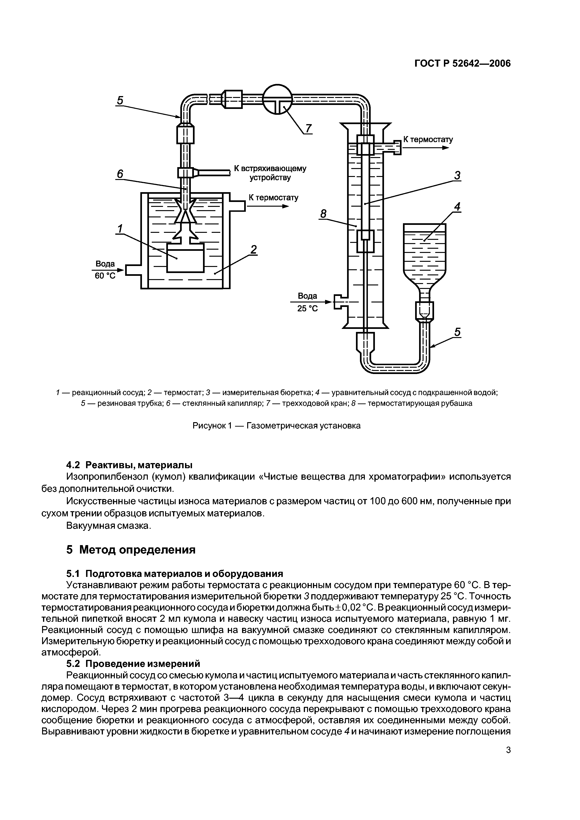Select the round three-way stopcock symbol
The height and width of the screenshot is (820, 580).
click(278, 99)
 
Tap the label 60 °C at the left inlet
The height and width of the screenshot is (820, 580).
click(105, 276)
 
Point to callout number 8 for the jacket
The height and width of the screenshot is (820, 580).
click(323, 214)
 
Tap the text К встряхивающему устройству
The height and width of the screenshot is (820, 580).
click(270, 173)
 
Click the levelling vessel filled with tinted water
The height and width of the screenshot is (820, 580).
click(424, 254)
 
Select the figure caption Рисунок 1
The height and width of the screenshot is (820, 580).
click(276, 426)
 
